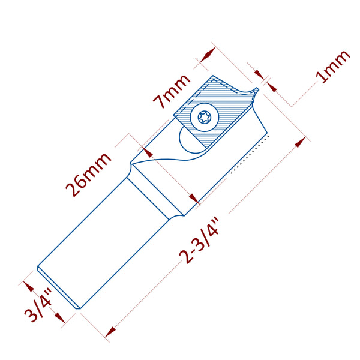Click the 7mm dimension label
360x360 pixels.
point(173,90)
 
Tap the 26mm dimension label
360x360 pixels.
point(89,175)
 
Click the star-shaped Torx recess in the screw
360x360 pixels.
point(203,117)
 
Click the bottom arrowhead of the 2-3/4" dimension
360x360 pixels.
point(110,331)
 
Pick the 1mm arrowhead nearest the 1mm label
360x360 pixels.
point(272,86)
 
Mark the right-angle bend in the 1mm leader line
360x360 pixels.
point(292,106)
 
